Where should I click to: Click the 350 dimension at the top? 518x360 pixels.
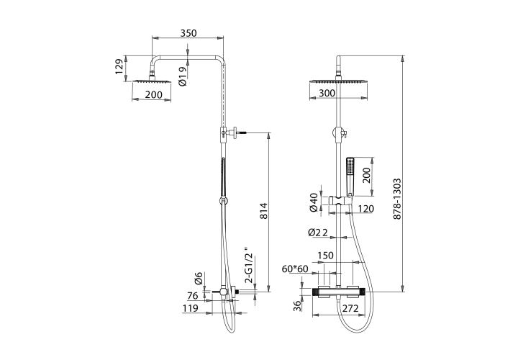pyautogui.click(x=188, y=33)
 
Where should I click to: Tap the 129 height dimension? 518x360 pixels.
pyautogui.click(x=119, y=67)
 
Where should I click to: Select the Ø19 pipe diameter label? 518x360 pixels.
pyautogui.click(x=182, y=76)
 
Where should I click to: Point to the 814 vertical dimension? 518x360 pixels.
pyautogui.click(x=263, y=211)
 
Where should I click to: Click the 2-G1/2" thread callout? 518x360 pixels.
pyautogui.click(x=250, y=265)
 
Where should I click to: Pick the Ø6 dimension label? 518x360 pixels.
pyautogui.click(x=199, y=279)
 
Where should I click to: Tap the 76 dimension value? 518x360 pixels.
pyautogui.click(x=193, y=295)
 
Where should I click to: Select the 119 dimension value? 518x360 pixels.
pyautogui.click(x=190, y=308)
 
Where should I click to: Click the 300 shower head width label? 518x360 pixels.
pyautogui.click(x=327, y=93)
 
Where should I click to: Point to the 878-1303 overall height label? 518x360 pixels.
pyautogui.click(x=397, y=199)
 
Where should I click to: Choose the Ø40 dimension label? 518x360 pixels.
pyautogui.click(x=314, y=202)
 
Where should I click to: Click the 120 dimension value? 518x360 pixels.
pyautogui.click(x=365, y=209)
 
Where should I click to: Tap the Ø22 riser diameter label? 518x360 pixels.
pyautogui.click(x=318, y=233)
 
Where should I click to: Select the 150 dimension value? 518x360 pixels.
pyautogui.click(x=325, y=255)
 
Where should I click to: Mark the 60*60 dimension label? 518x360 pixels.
pyautogui.click(x=295, y=269)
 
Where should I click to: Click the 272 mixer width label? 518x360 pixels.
pyautogui.click(x=350, y=308)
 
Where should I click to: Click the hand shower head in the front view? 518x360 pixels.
pyautogui.click(x=350, y=176)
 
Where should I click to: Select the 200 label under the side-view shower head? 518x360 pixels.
pyautogui.click(x=154, y=95)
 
